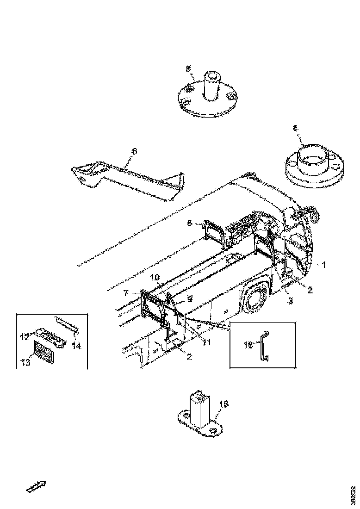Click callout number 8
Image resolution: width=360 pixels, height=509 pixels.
click(188, 68)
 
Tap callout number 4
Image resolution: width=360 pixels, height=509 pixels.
click(295, 128)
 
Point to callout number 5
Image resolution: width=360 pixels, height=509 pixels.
click(189, 223)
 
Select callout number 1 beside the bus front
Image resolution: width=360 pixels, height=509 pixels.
click(324, 265)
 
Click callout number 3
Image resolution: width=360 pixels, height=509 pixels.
click(291, 300)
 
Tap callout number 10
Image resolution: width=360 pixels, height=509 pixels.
click(155, 277)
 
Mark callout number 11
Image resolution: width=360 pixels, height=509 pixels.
click(206, 342)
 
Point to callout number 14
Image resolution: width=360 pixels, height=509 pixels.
click(76, 345)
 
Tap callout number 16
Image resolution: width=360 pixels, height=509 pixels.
click(248, 344)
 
